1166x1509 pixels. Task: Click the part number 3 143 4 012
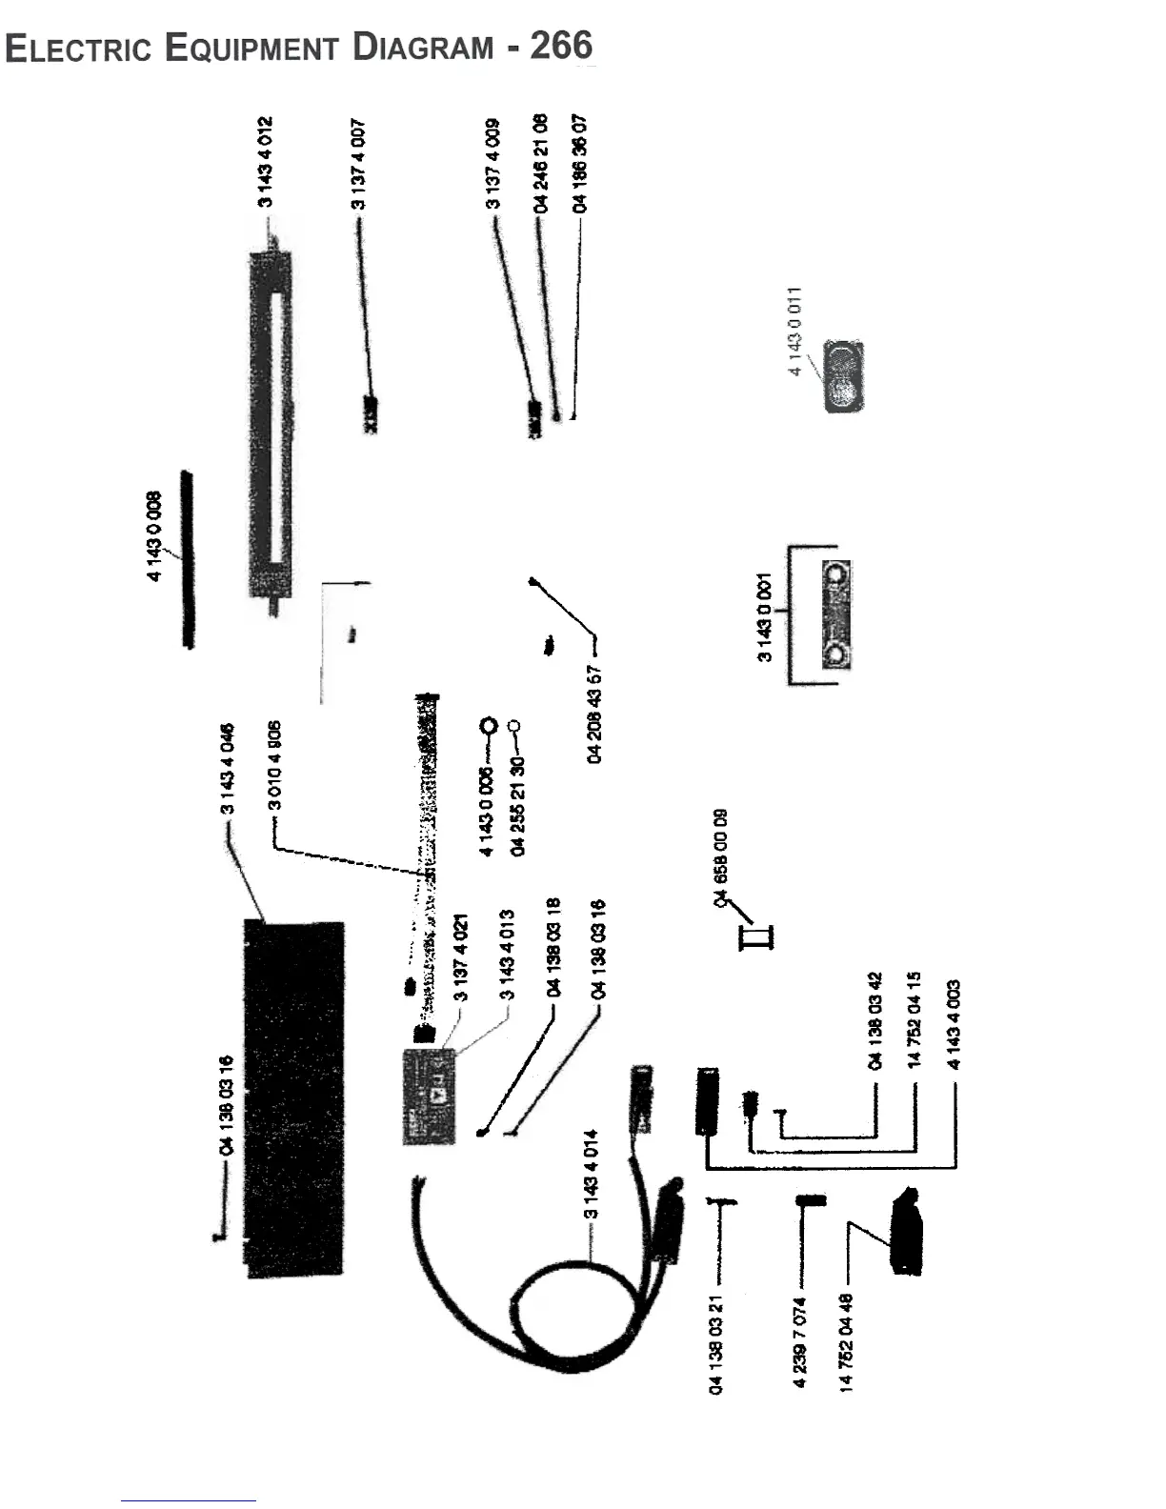[266, 162]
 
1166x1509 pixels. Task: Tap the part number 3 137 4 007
[357, 164]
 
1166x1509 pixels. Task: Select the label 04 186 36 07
[579, 164]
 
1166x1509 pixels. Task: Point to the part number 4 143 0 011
[795, 331]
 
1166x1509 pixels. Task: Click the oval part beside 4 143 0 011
[843, 376]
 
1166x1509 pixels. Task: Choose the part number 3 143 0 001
[764, 618]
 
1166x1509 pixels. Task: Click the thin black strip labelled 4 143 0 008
[188, 558]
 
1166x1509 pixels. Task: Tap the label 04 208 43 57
[595, 714]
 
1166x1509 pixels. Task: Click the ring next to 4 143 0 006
[489, 727]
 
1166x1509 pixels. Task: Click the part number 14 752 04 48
[846, 1342]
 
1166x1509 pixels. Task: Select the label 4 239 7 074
[800, 1342]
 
